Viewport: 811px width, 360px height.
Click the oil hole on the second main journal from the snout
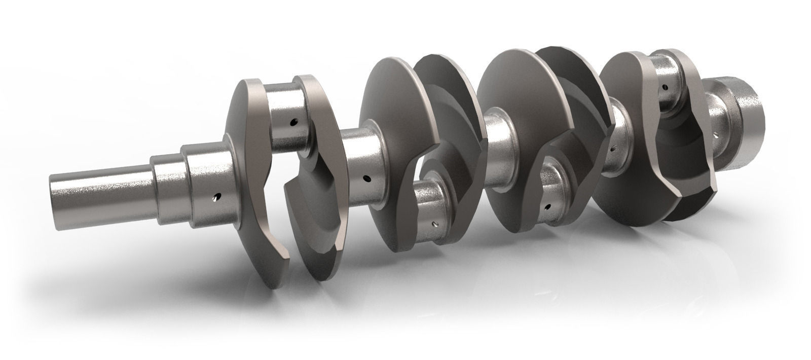pyautogui.click(x=366, y=178)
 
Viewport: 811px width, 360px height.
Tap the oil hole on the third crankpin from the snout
pyautogui.click(x=548, y=207)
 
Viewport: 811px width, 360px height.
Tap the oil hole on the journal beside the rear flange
pyautogui.click(x=716, y=136)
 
